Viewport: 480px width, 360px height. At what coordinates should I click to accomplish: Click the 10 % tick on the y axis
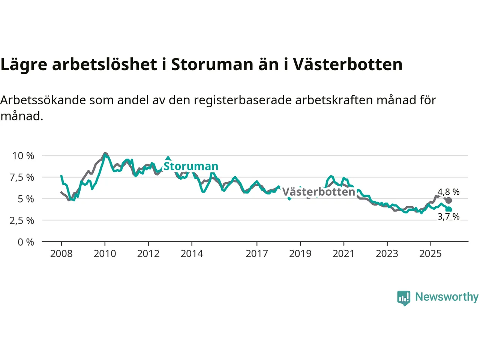pos(23,156)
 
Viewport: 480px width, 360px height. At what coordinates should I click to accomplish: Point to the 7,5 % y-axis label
pos(22,177)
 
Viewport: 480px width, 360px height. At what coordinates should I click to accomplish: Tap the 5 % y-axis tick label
pos(25,199)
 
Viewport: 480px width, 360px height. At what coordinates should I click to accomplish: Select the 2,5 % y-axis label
pos(22,220)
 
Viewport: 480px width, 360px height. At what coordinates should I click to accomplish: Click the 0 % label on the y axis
pos(25,242)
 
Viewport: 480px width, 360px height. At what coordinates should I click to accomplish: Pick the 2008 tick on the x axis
pos(61,254)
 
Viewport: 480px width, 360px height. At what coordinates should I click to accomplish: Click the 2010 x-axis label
pos(105,254)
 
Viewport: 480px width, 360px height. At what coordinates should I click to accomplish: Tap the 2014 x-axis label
pos(192,254)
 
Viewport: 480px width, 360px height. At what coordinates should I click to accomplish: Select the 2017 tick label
pos(256,254)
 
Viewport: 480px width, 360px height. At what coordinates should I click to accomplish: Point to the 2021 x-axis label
pos(343,254)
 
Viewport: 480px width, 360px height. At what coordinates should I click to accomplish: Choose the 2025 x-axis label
pos(430,254)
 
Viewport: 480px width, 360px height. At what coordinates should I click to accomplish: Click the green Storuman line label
pos(191,166)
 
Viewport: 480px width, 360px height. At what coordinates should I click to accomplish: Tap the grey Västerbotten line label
pos(318,192)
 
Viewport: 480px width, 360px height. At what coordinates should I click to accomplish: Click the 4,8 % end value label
pos(448,192)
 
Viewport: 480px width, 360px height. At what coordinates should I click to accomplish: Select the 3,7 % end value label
pos(448,217)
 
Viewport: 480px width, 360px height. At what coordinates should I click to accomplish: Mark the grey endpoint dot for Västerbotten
pos(448,200)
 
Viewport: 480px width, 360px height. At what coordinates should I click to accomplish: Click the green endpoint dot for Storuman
pos(448,210)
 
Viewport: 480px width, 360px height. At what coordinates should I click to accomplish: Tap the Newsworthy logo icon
pos(403,298)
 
